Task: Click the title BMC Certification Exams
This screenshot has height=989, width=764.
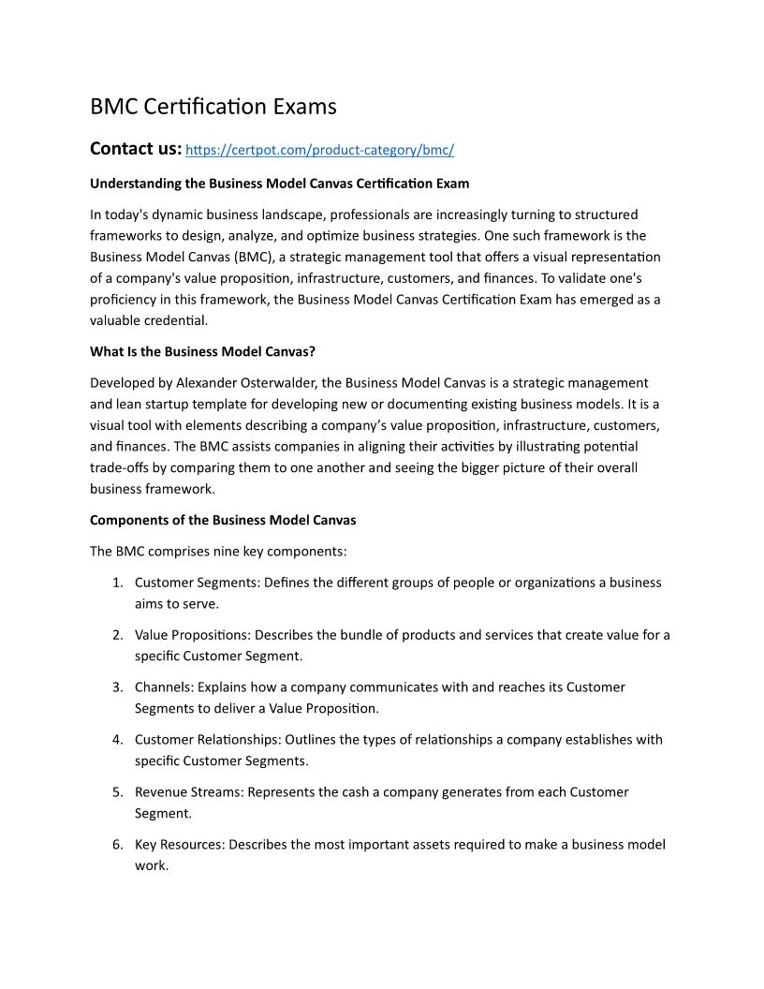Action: [x=213, y=107]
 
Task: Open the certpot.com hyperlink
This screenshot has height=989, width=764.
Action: [x=320, y=150]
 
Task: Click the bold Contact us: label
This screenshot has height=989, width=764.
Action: [x=136, y=148]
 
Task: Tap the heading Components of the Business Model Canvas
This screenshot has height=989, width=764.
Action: [x=223, y=520]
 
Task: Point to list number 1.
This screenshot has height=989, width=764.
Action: [x=117, y=583]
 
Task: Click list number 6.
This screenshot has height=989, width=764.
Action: [x=117, y=845]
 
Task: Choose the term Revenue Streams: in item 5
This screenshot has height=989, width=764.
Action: [x=188, y=792]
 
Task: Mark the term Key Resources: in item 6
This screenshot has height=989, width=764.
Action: [x=180, y=845]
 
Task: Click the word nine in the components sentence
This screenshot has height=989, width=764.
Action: [x=229, y=552]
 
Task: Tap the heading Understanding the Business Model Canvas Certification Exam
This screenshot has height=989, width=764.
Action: [x=279, y=184]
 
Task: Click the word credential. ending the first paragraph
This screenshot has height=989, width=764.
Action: [x=176, y=320]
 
